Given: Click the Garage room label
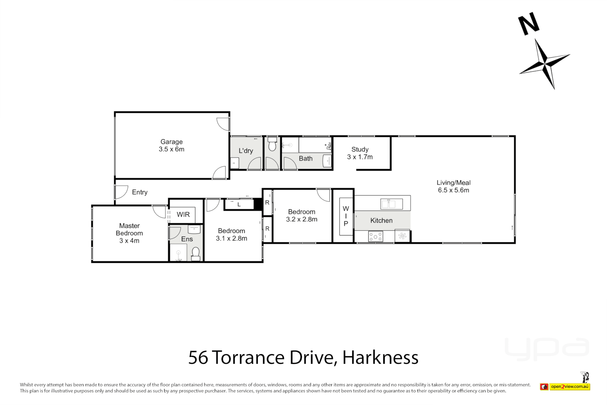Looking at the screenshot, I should point(172,145).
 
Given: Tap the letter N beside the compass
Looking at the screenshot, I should point(528,24).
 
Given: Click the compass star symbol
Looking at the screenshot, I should point(544,63).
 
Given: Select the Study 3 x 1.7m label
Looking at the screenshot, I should point(360,153).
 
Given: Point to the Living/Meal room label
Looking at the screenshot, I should point(453,186).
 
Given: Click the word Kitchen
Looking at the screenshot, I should point(381,220).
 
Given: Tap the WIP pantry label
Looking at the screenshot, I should point(345,216).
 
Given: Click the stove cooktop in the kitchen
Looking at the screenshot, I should point(375,237).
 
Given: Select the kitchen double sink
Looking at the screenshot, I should point(392,204).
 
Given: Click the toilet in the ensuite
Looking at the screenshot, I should point(196,254).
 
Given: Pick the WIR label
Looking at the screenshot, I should point(183,214).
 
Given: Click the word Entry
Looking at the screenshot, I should point(140,192).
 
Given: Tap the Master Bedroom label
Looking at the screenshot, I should point(129,233).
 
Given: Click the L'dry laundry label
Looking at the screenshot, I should point(246,151).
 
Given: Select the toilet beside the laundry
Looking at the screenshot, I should point(272,144).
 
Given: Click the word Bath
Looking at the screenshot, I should point(305,159).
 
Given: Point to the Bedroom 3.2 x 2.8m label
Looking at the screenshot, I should point(302,216).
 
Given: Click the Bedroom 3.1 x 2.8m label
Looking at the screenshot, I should point(232,235).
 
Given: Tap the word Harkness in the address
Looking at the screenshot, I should point(380,358).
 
